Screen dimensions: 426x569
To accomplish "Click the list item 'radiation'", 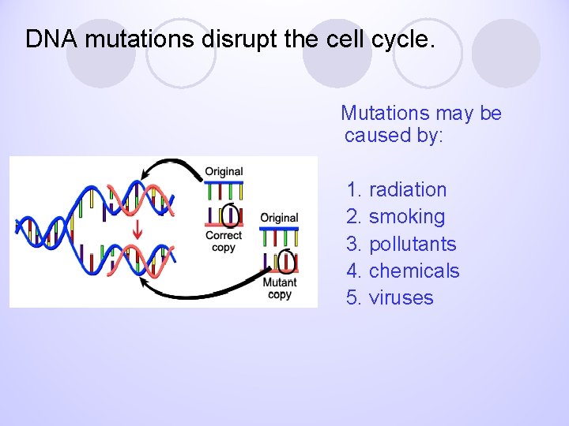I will pos(407,189).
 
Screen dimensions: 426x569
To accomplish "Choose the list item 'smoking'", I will pos(406,216).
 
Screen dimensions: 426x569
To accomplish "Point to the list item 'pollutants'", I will pos(413,243).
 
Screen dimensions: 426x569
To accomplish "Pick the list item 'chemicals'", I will pos(414,271).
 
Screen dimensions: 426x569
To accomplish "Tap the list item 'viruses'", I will pos(401,297).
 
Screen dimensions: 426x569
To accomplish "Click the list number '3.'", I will pos(354,243).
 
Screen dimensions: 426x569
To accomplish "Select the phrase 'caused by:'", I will pos(394,135).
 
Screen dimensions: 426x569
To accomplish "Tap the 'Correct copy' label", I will pos(224,241).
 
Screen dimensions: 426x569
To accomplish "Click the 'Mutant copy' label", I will pos(280,288).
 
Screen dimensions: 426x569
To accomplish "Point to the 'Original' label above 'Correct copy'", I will pos(224,171).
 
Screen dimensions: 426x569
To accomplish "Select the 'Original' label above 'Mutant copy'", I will pos(279,218).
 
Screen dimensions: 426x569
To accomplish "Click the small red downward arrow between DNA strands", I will pos(138,230).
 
